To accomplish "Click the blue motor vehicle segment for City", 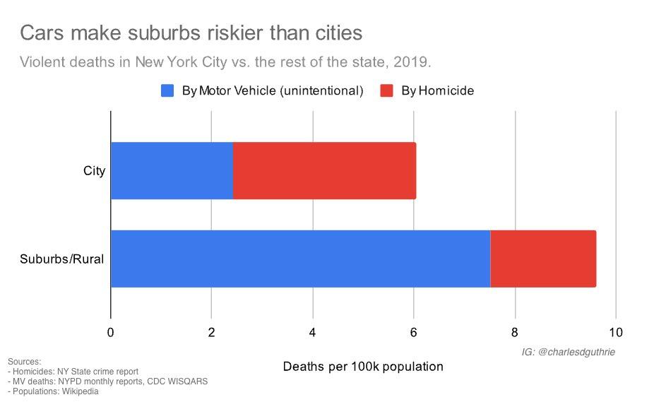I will coord(172,170).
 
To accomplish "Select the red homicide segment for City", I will coord(324,170).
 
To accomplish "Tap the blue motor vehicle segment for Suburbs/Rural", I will coord(300,259).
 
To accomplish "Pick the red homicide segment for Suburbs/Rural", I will coord(542,259).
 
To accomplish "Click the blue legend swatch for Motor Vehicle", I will coord(167,90).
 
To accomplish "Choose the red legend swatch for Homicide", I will coord(387,90).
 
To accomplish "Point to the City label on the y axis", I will coord(94,170).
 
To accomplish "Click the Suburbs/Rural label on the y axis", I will coord(62,259).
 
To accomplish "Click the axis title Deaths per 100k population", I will coord(363,367).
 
